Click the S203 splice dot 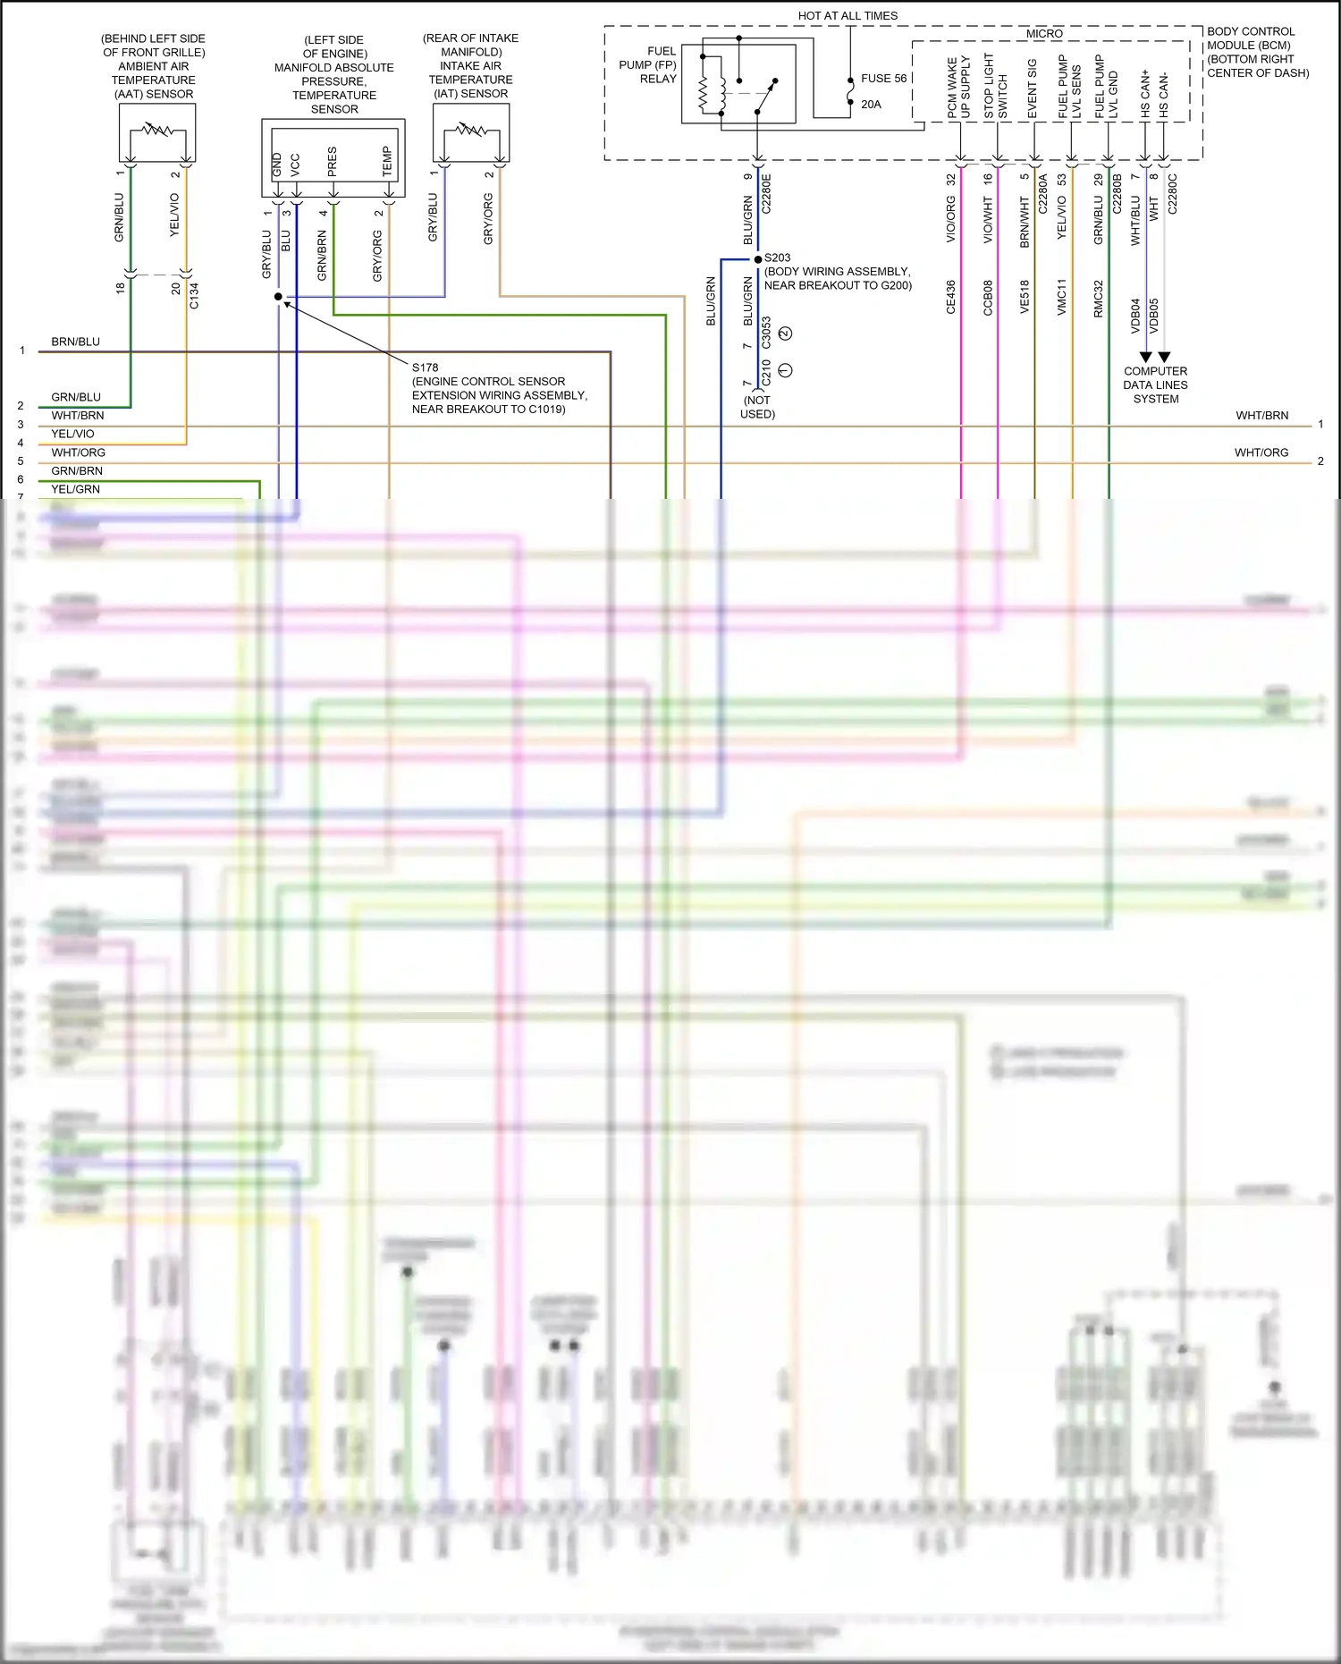point(758,259)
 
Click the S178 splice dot point(278,296)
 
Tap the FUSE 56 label point(883,79)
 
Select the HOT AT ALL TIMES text point(848,16)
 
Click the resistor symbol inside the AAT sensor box point(157,131)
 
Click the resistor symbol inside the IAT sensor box point(471,131)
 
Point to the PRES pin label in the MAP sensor point(333,161)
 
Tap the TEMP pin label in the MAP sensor point(387,161)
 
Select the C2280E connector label point(766,193)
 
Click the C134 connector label point(194,296)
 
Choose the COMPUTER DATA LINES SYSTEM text point(1155,385)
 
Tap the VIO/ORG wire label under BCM point(951,219)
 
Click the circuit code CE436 point(951,297)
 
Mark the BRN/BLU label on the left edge point(76,342)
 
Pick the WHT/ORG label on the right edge point(1261,452)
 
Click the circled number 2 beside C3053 point(785,334)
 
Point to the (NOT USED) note point(757,407)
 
